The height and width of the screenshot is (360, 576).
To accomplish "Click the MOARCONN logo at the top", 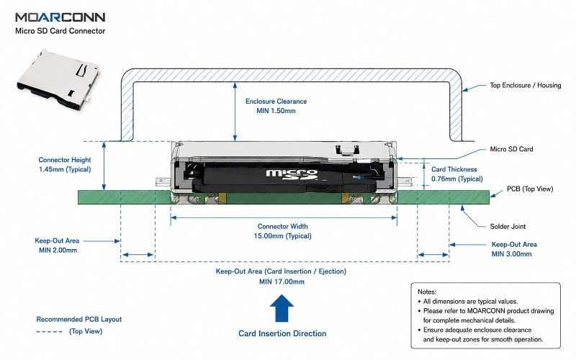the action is pos(60,17).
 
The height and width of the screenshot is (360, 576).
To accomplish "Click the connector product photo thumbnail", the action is pos(58,80).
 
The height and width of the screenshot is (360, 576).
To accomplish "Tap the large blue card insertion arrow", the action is pos(282,308).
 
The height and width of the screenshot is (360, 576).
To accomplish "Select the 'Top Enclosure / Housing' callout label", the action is pos(526,85).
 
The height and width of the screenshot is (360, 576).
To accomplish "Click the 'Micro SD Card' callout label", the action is pos(511,149).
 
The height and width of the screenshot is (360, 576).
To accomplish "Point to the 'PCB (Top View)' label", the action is pos(530,189).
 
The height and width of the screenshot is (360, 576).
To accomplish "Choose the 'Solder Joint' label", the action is pos(508,226).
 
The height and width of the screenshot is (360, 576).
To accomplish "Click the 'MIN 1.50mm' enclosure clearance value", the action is pos(276,111).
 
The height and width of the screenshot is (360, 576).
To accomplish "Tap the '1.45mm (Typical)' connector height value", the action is pos(65,169).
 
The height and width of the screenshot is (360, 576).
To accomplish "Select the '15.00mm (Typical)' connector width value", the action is pos(282,236).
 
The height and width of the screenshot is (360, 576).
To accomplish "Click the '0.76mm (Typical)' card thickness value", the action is pos(457,179).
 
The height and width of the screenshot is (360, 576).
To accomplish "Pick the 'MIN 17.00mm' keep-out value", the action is pos(282,282).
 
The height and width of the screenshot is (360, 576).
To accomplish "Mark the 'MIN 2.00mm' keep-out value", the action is pos(58,250).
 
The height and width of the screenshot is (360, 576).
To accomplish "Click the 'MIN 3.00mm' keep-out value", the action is pos(511,254).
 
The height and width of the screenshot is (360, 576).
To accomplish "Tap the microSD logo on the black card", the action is pos(292,175).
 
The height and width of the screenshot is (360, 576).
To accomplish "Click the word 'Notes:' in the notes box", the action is pos(427,292).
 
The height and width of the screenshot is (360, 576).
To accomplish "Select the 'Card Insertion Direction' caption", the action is pos(282,333).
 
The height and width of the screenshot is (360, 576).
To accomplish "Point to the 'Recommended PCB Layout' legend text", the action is pos(79,319).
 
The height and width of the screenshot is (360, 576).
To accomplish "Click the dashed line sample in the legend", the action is pos(49,332).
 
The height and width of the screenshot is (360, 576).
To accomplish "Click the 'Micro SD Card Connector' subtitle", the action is pos(60,31).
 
